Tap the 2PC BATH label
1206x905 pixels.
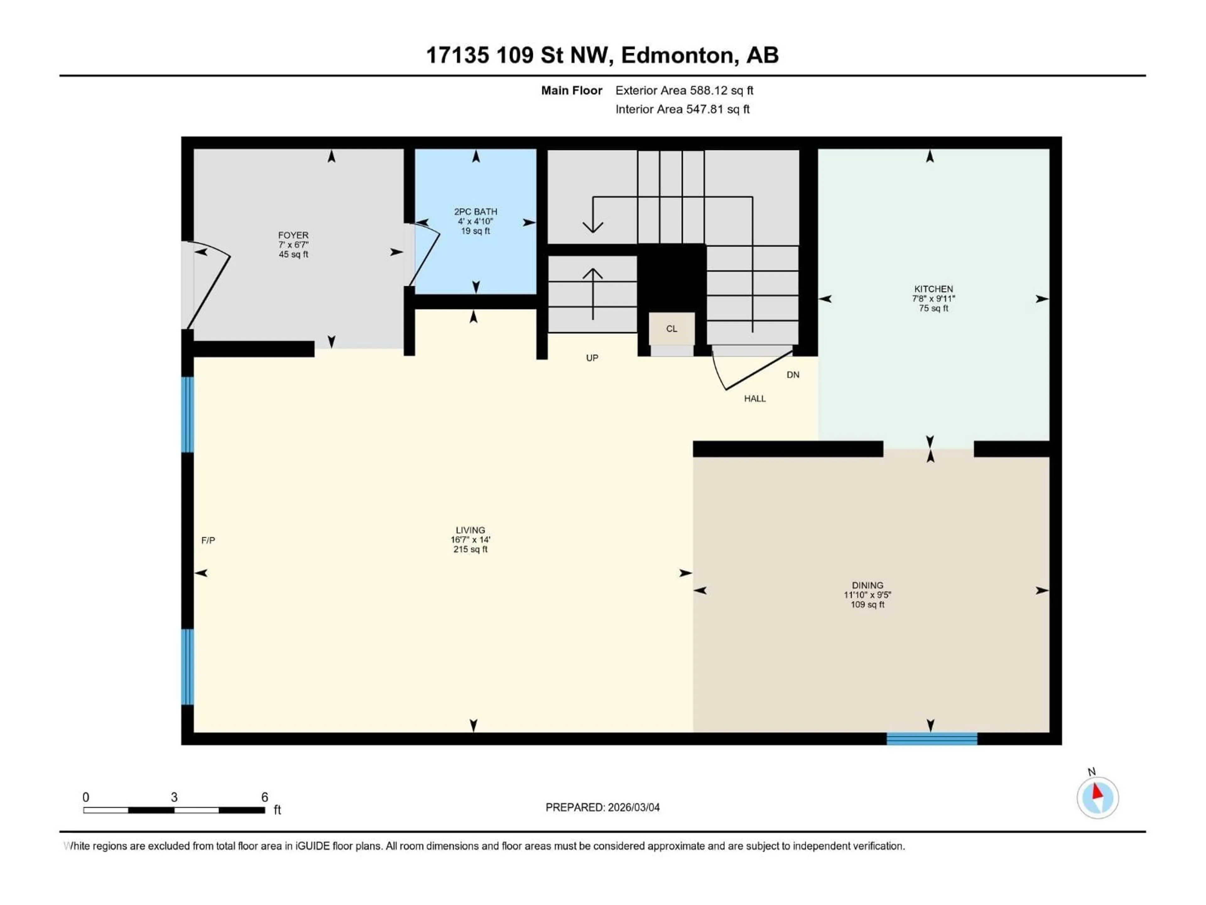(x=475, y=212)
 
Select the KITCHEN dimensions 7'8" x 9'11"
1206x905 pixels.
(x=933, y=299)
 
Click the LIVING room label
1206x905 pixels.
(x=470, y=530)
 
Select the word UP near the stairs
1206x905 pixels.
(x=592, y=358)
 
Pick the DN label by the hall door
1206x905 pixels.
(x=793, y=375)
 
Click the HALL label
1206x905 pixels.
(x=755, y=399)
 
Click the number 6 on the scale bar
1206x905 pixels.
(x=264, y=797)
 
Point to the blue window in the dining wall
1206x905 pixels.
(x=932, y=739)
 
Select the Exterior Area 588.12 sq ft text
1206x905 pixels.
(x=684, y=90)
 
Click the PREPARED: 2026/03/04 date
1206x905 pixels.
(x=602, y=807)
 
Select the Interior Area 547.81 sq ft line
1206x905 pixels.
(x=682, y=109)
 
